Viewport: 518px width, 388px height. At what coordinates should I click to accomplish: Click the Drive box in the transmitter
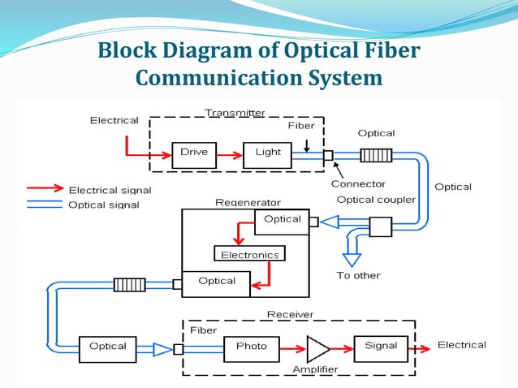tap(194, 153)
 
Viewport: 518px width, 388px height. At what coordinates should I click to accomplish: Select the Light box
tap(267, 153)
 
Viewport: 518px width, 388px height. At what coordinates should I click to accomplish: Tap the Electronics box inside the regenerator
tap(249, 254)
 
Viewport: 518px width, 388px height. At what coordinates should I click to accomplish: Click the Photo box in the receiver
tap(251, 347)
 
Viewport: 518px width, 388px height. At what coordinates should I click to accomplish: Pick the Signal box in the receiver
tap(380, 347)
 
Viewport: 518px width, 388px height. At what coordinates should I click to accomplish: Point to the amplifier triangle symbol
tap(317, 348)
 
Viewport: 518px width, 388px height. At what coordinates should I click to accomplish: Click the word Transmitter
tap(235, 113)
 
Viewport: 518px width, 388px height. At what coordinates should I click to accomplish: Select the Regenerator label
tap(248, 202)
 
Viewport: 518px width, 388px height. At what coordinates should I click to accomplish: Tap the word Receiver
tap(290, 313)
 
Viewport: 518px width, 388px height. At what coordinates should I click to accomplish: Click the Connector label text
tap(358, 184)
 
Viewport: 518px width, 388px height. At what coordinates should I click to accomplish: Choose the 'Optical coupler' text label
tap(376, 200)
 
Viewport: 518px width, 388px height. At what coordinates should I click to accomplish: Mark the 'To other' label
tap(358, 275)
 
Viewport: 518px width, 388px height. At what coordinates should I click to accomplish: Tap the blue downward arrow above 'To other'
tap(350, 257)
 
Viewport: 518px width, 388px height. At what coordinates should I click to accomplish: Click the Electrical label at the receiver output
tap(461, 345)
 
